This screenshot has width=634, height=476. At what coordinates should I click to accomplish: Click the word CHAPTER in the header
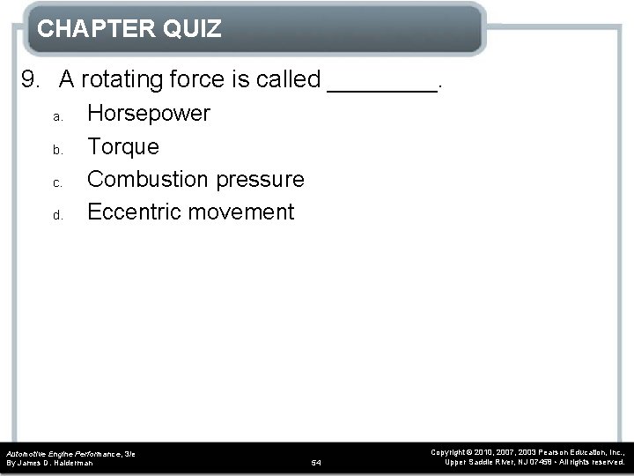click(94, 29)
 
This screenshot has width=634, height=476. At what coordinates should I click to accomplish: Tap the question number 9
click(30, 80)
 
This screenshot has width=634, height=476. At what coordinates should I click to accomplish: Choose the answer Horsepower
click(149, 114)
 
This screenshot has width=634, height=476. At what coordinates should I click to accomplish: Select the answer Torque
click(123, 146)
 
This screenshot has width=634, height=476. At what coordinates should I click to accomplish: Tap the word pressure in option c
click(258, 180)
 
